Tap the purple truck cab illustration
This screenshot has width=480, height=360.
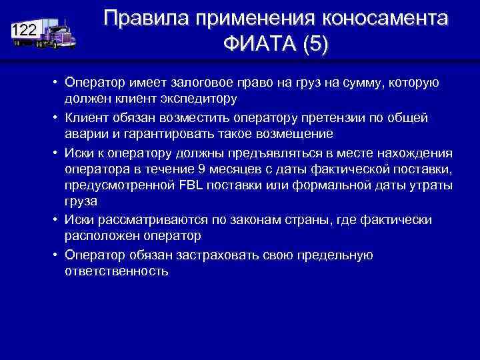[59, 35]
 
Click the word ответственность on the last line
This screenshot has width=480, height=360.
[117, 271]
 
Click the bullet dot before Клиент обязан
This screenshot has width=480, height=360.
[58, 117]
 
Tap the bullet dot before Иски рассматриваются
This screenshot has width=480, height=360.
[58, 219]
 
